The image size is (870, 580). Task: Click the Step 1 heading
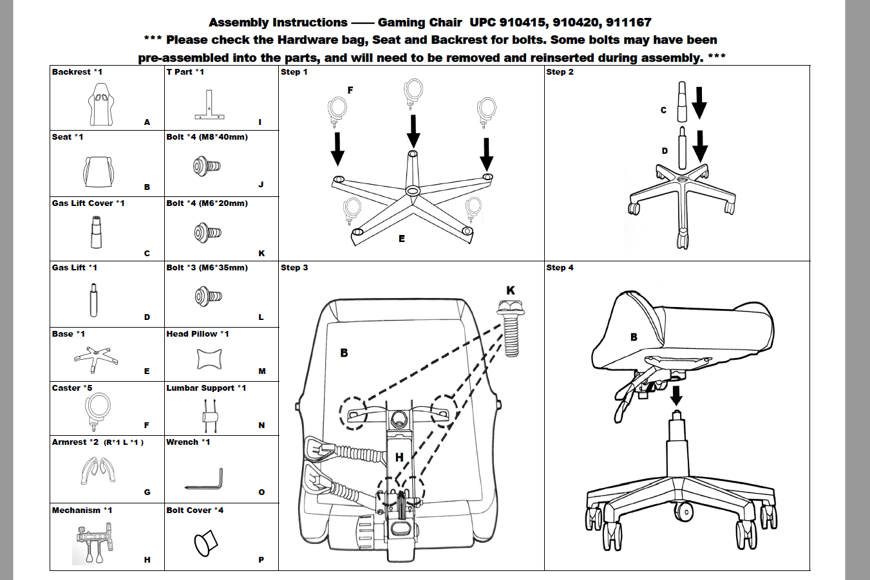294,72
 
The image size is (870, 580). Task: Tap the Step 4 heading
560,268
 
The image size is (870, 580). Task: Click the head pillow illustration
209,359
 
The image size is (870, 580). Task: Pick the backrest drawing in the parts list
100,105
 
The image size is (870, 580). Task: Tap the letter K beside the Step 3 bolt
511,291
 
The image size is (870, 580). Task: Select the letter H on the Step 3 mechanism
399,457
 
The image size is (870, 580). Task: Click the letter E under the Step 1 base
401,239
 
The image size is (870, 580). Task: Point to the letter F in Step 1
350,90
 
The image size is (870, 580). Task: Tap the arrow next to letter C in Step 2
699,104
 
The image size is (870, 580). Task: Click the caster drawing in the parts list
99,413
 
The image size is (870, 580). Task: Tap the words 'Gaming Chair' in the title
419,23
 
